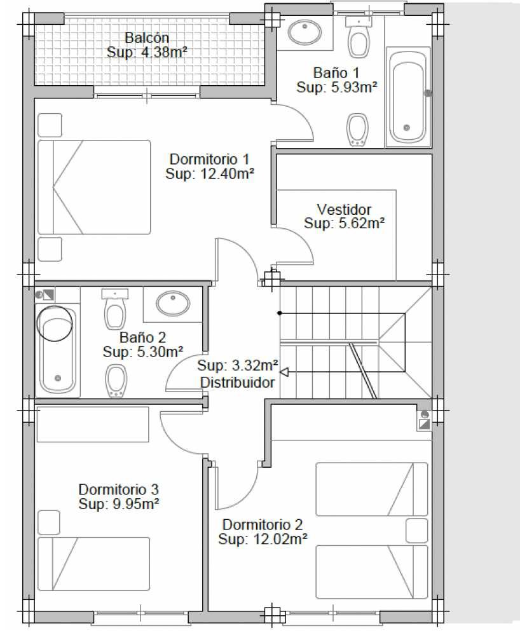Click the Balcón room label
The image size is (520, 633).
tap(147, 37)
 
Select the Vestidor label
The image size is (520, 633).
tap(344, 209)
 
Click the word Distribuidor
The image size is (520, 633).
tap(238, 382)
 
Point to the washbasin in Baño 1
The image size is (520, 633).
tap(305, 32)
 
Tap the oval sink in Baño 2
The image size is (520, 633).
tap(173, 303)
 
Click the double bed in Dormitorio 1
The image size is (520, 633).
tap(94, 187)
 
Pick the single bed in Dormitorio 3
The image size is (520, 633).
tap(93, 564)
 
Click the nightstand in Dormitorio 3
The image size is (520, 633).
tap(49, 522)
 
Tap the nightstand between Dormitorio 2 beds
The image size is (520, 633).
tap(416, 531)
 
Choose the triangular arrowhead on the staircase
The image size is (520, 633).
tap(285, 372)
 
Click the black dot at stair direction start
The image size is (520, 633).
tap(279, 313)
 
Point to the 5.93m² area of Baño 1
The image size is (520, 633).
tap(355, 87)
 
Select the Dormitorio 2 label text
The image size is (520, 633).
tap(263, 524)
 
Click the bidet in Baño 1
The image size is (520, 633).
tap(357, 130)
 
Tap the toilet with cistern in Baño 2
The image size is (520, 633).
tap(115, 308)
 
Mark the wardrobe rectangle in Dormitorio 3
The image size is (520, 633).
tap(93, 425)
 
